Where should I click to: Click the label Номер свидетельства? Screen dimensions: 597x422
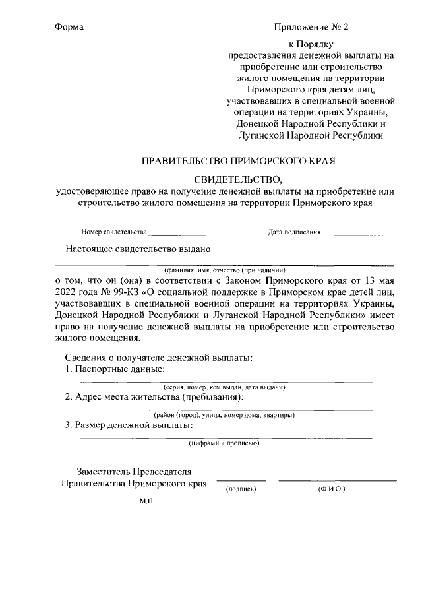(x=114, y=233)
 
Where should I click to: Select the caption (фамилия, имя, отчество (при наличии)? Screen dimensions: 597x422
(x=225, y=270)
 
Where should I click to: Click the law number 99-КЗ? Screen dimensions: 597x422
(x=116, y=292)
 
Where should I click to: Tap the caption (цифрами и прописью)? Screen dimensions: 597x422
(x=224, y=443)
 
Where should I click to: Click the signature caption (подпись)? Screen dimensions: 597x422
(x=241, y=490)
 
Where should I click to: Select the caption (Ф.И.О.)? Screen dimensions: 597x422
(x=331, y=490)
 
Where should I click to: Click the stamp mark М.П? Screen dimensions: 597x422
(x=146, y=501)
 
